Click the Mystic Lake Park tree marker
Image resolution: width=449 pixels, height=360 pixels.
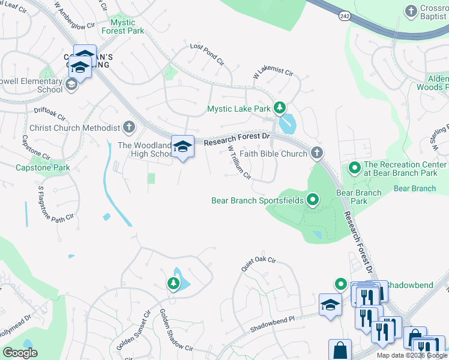tap(279, 109)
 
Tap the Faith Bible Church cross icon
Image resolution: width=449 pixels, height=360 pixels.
tap(317, 154)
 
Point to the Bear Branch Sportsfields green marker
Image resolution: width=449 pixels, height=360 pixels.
tap(312, 200)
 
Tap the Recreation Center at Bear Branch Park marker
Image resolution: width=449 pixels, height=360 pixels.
tap(354, 169)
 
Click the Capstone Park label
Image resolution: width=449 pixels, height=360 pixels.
tap(43, 167)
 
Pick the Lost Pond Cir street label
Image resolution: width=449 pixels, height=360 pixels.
tap(206, 53)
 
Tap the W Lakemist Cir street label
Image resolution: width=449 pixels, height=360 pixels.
tap(273, 74)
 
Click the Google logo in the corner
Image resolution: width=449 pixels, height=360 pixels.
tap(20, 353)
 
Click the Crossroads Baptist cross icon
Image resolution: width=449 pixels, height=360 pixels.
tap(411, 11)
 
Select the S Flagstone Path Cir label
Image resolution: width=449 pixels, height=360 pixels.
tap(56, 204)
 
